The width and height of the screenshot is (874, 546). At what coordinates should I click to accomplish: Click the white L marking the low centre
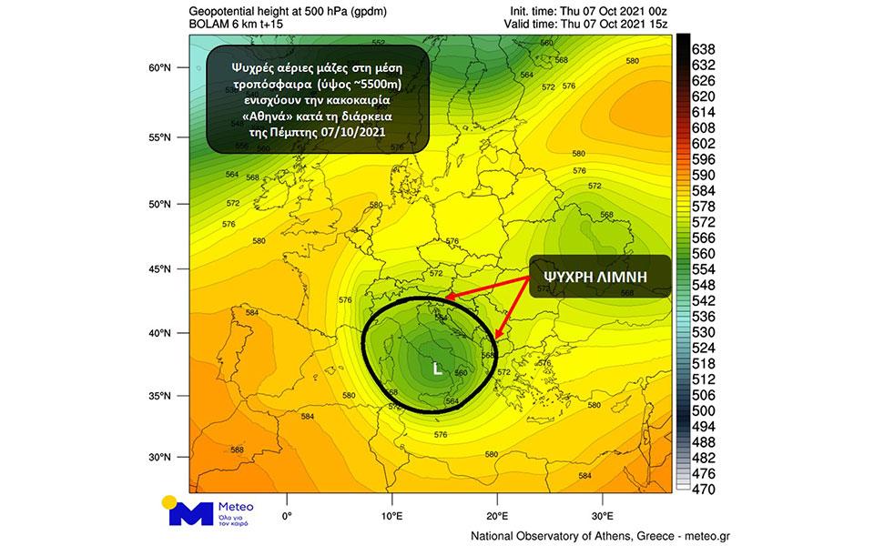pos(437,369)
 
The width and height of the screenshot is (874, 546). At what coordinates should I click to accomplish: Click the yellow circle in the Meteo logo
pos(169,501)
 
